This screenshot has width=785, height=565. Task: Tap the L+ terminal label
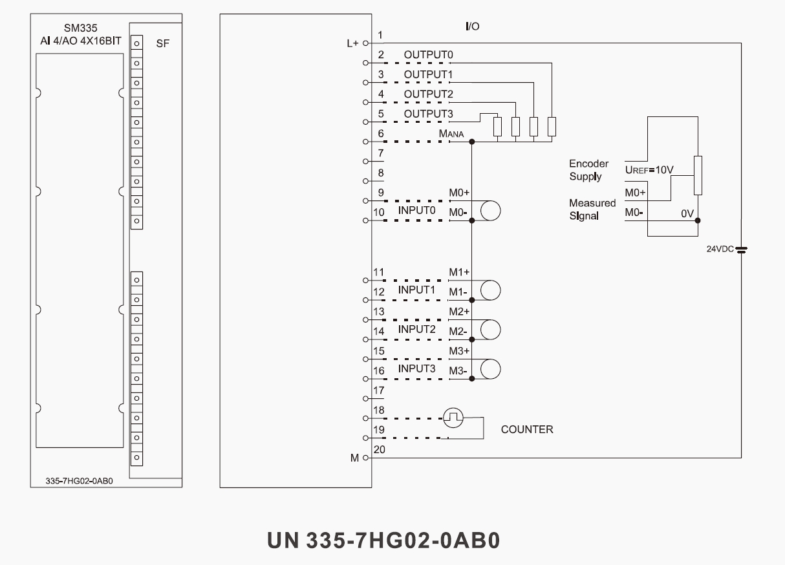[x=352, y=43]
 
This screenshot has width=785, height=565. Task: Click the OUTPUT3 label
[x=428, y=114]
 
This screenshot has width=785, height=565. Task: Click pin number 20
[x=379, y=450]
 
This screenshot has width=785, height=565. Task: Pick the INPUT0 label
[x=417, y=211]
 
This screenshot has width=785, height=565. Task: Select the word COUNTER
[x=527, y=429]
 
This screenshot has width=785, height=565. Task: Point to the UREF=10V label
[x=649, y=170]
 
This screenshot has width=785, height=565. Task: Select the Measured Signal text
[x=592, y=209]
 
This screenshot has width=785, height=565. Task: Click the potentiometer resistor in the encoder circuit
[x=698, y=175]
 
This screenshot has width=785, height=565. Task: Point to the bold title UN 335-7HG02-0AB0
[x=383, y=540]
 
